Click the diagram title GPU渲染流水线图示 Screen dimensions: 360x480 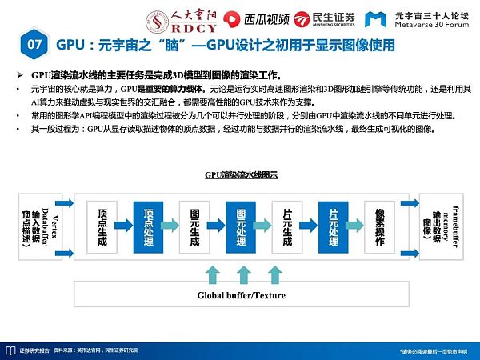(x=241, y=174)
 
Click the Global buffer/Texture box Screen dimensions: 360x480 (x=240, y=295)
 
